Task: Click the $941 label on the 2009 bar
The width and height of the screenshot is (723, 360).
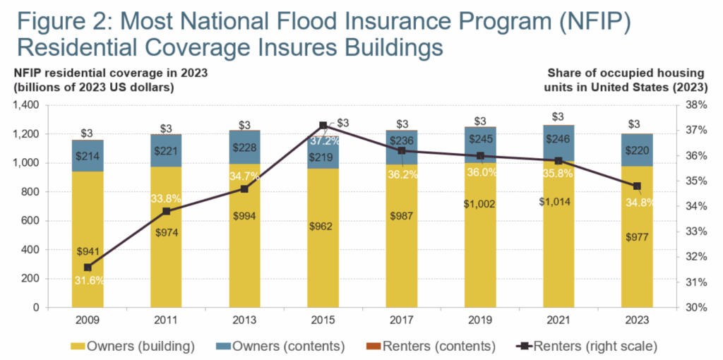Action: click(x=88, y=251)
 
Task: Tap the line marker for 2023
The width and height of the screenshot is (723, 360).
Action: click(x=637, y=186)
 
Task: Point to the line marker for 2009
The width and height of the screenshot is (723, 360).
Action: click(x=88, y=268)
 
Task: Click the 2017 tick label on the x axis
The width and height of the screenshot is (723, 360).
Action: click(x=402, y=320)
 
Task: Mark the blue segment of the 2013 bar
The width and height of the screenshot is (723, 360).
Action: click(x=244, y=148)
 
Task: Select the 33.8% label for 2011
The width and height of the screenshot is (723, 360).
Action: click(x=166, y=198)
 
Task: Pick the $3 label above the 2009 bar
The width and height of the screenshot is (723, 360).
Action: click(x=88, y=132)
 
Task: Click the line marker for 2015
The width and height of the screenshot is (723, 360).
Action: click(x=323, y=125)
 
